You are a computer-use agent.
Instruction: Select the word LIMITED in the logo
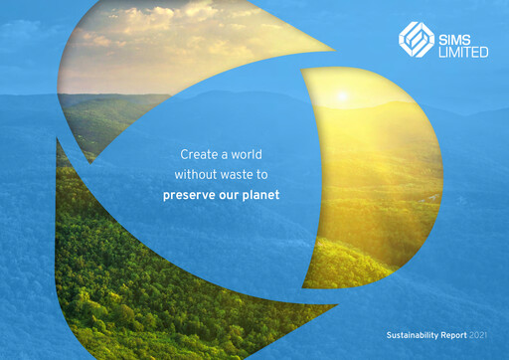[x=462, y=50]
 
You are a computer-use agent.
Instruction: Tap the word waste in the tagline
[x=246, y=174]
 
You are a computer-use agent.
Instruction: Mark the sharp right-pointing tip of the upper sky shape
[x=335, y=47]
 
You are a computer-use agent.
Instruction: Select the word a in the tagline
[x=229, y=155]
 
